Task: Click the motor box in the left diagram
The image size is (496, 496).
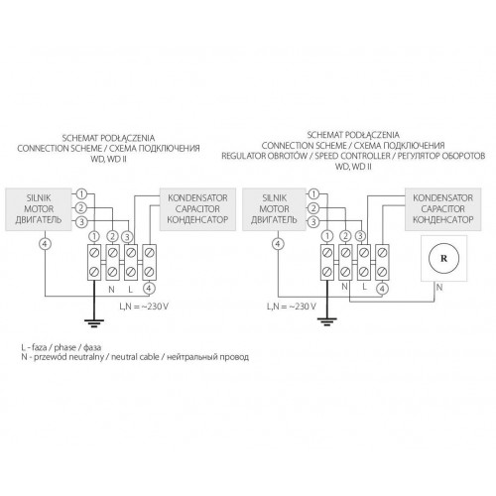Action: coord(39,209)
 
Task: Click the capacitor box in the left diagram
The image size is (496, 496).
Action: coord(197,209)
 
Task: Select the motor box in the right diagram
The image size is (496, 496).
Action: coord(274,209)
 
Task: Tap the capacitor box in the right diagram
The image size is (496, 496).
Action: coord(443,209)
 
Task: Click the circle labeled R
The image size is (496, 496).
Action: coord(443,258)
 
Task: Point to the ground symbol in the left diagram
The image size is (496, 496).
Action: coord(94,322)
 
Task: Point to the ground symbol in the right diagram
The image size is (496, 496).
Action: coord(327,321)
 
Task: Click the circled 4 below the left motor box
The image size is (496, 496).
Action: coord(45,244)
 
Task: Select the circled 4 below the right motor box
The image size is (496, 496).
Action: coord(278,244)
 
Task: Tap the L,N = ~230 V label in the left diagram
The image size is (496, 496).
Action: coord(144,307)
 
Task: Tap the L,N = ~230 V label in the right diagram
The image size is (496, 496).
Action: coord(292,307)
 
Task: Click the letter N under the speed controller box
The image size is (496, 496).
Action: coord(439,288)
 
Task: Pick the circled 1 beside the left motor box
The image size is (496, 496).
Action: coord(81,194)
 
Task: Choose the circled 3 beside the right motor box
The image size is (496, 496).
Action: coord(313,222)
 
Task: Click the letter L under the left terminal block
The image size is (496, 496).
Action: coord(130,290)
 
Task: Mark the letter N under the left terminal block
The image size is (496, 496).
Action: coord(111,290)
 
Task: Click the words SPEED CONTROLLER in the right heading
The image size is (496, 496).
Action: coord(352,156)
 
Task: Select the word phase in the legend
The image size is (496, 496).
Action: coord(65,347)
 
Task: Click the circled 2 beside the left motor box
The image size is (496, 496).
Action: coord(81,208)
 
